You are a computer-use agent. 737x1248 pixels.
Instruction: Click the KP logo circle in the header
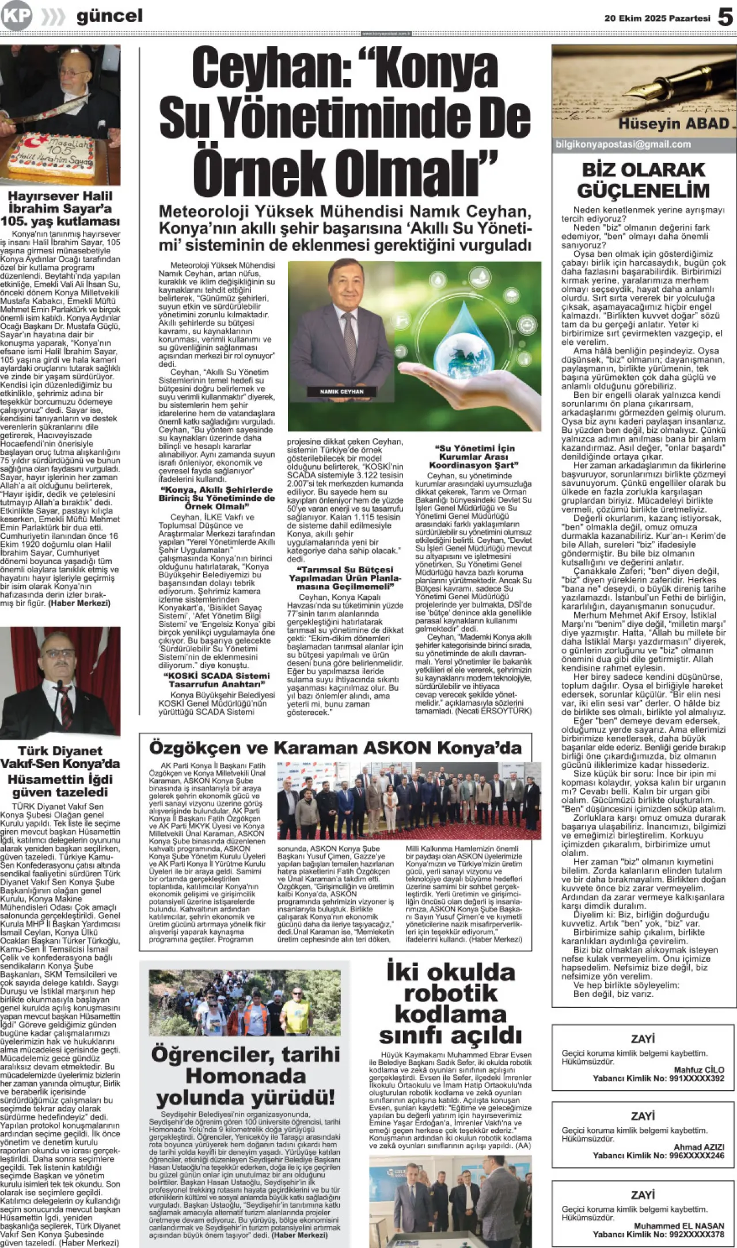pyautogui.click(x=16, y=16)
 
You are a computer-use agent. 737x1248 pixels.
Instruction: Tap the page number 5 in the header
pyautogui.click(x=725, y=17)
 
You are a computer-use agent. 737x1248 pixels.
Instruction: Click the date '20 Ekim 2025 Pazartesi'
pyautogui.click(x=657, y=18)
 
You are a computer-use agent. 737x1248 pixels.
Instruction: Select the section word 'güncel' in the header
pyautogui.click(x=109, y=16)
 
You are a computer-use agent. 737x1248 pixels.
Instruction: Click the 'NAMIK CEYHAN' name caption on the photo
pyautogui.click(x=342, y=391)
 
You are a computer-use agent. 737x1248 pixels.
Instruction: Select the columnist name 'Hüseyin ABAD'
pyautogui.click(x=674, y=124)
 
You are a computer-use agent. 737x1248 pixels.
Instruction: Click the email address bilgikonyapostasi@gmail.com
pyautogui.click(x=623, y=144)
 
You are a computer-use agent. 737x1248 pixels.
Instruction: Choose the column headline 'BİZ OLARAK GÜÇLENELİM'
pyautogui.click(x=643, y=180)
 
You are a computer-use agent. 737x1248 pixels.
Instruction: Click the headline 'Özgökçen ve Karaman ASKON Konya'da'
pyautogui.click(x=335, y=748)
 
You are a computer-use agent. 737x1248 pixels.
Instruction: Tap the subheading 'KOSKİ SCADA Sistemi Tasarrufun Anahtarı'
pyautogui.click(x=216, y=680)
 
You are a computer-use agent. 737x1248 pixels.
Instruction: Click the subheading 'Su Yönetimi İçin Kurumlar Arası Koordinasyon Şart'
pyautogui.click(x=474, y=456)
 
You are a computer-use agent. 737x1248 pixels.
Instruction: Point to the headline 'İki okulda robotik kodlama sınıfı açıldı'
pyautogui.click(x=450, y=1003)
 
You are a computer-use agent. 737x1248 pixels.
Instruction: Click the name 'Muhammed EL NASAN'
pyautogui.click(x=679, y=1226)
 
